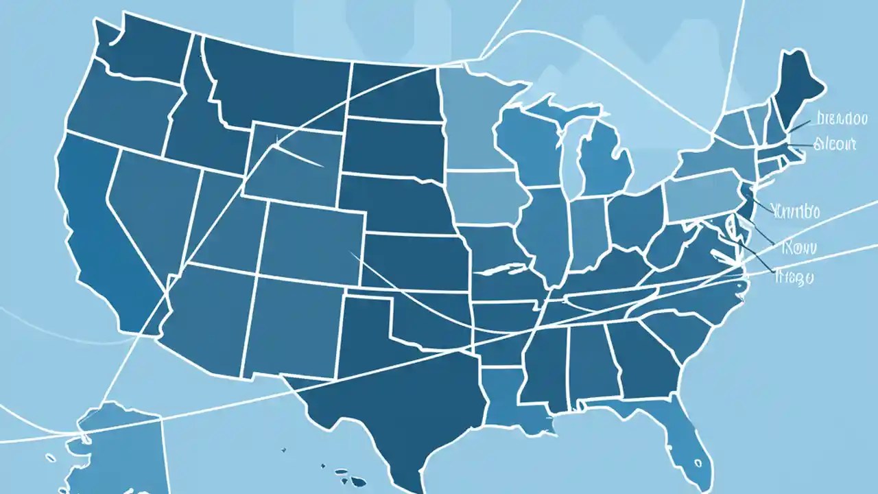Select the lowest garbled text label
(x=794, y=278)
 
